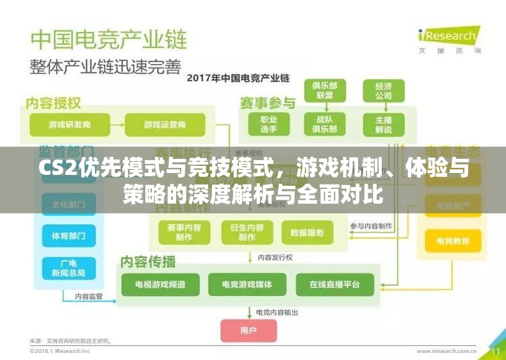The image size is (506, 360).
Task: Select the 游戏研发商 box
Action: click(x=69, y=124)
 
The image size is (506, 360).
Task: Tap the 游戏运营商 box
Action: click(x=165, y=124)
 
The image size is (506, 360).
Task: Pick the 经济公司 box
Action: click(x=384, y=90)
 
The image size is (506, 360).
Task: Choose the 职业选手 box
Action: click(x=268, y=124)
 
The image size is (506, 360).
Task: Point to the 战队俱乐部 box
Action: click(x=325, y=124)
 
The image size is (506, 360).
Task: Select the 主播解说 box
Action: click(x=384, y=124)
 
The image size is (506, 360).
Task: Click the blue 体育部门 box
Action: click(x=69, y=235)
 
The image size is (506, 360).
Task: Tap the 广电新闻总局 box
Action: click(x=69, y=268)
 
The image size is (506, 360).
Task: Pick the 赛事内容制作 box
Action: click(x=184, y=233)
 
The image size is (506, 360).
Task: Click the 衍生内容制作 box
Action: click(x=247, y=233)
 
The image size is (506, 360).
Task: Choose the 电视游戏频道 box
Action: click(x=160, y=284)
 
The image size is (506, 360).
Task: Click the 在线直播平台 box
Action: click(x=334, y=284)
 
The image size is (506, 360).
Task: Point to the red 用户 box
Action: click(x=249, y=331)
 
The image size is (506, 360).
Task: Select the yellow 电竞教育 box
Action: click(x=452, y=241)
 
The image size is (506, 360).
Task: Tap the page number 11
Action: click(x=495, y=351)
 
